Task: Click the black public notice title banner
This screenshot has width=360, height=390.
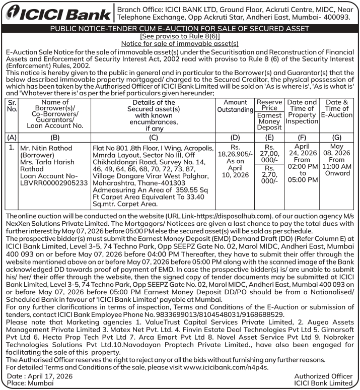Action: [180, 29]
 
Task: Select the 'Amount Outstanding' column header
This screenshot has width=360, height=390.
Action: [235, 106]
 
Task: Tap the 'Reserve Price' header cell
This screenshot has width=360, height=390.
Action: [269, 104]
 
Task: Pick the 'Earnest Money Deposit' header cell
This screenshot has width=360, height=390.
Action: [269, 121]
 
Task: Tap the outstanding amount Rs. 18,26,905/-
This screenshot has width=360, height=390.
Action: [235, 155]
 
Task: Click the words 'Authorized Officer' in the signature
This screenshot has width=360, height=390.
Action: [323, 376]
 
